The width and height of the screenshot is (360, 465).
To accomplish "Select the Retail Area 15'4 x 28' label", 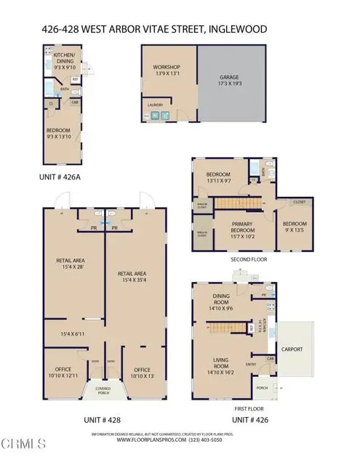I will tap(73, 264).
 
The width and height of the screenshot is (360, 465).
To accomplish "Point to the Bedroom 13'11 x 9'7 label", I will tap(218, 177).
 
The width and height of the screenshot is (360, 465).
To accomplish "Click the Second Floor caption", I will tap(249, 258).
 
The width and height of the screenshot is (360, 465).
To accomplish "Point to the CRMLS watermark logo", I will tap(23, 443).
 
